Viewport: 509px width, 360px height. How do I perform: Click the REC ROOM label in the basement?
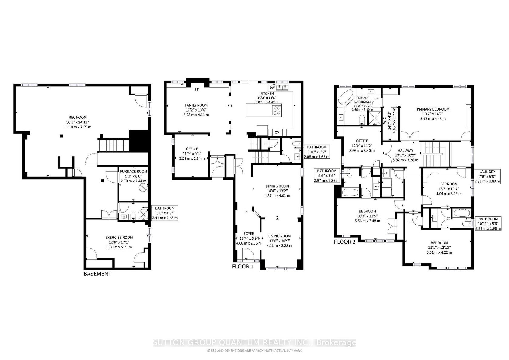click(x=78, y=118)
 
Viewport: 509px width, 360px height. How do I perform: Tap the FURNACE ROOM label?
click(x=133, y=172)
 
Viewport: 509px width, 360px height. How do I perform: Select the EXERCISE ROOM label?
click(x=119, y=238)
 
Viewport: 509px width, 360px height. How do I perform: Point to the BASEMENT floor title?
click(x=98, y=274)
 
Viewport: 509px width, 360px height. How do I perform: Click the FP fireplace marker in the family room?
click(x=197, y=89)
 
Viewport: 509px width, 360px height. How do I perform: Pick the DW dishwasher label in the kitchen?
click(x=272, y=88)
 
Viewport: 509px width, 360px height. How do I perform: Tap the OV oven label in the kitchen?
click(x=277, y=132)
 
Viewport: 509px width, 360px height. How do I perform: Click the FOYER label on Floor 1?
click(x=249, y=234)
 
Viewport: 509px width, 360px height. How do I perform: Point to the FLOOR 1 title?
click(x=243, y=266)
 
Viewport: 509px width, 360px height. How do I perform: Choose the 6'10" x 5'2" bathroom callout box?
click(x=317, y=152)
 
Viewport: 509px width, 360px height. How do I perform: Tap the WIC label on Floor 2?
click(x=385, y=121)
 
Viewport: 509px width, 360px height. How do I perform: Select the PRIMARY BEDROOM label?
click(x=433, y=109)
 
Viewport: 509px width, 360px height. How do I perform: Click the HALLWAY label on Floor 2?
click(x=405, y=150)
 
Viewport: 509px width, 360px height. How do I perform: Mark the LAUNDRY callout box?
click(x=487, y=176)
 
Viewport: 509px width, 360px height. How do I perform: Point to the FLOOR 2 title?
click(x=345, y=242)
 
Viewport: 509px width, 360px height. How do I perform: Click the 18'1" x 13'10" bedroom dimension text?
click(x=439, y=248)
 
